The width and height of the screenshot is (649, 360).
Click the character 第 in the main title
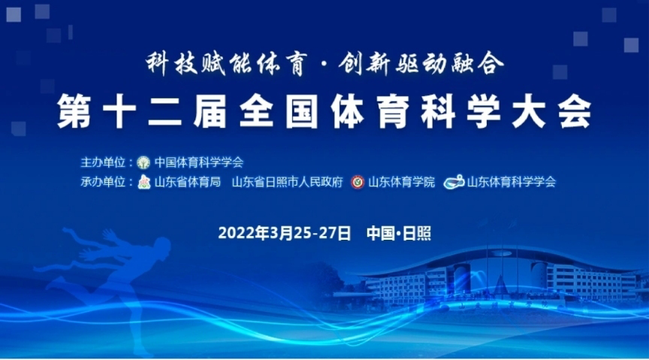pyautogui.click(x=74, y=111)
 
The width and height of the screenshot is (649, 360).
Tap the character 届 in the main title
pyautogui.click(x=210, y=111)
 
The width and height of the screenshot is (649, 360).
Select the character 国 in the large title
pyautogui.click(x=302, y=111)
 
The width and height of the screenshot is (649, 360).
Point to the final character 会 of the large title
pyautogui.click(x=575, y=111)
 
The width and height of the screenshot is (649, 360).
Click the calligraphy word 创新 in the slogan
pyautogui.click(x=364, y=64)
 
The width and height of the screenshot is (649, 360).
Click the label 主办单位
pyautogui.click(x=103, y=162)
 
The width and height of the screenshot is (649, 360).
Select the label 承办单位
pyautogui.click(x=103, y=182)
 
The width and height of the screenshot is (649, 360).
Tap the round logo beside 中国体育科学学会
pyautogui.click(x=143, y=162)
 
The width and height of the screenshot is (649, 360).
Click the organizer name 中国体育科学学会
pyautogui.click(x=199, y=162)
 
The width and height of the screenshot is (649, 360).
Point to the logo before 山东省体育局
pyautogui.click(x=144, y=182)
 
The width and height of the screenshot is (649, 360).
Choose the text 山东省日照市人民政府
pyautogui.click(x=288, y=182)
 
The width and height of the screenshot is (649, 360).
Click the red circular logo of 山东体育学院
pyautogui.click(x=358, y=182)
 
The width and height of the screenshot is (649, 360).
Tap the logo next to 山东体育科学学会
pyautogui.click(x=454, y=182)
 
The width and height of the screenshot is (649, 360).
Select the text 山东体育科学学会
pyautogui.click(x=512, y=182)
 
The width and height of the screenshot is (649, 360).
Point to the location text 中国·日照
pyautogui.click(x=399, y=233)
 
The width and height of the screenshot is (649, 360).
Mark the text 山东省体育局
pyautogui.click(x=188, y=182)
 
